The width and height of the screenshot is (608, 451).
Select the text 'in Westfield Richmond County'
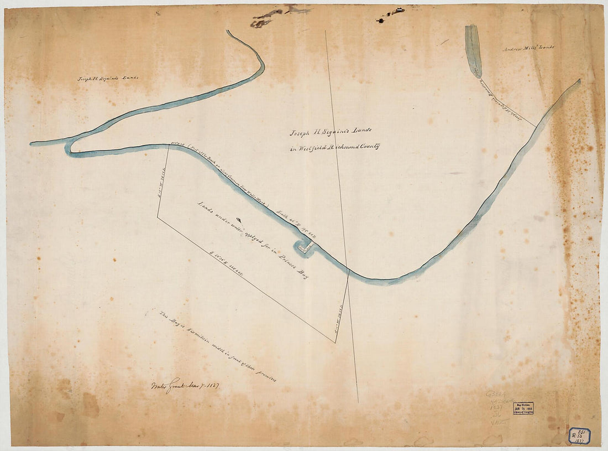pyautogui.click(x=334, y=148)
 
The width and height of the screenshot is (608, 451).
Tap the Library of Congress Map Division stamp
pyautogui.click(x=523, y=408)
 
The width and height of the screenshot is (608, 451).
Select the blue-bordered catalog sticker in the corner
pyautogui.click(x=580, y=436)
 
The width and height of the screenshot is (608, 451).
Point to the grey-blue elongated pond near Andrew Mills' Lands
pyautogui.click(x=473, y=50)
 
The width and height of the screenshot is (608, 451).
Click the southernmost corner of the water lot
pyautogui.click(x=335, y=343)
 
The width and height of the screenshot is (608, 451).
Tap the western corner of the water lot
pyautogui.click(x=158, y=217)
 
